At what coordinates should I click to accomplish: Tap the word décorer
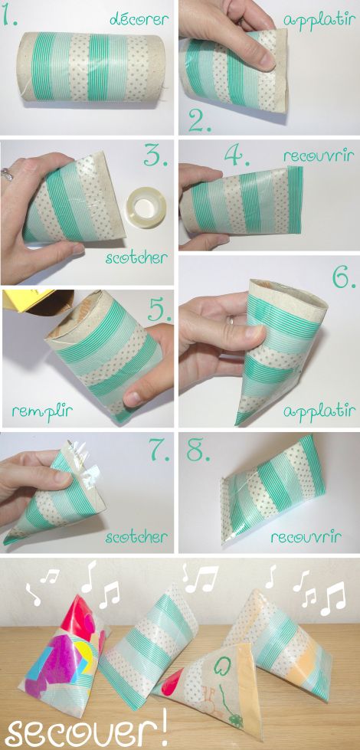[139, 19]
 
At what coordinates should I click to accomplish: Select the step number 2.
[200, 122]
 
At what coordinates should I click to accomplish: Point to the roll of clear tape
[146, 208]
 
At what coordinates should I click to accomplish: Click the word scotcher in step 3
[136, 259]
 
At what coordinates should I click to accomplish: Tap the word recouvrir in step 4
[319, 156]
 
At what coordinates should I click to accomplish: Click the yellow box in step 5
[28, 299]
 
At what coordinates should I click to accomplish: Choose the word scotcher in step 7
[136, 537]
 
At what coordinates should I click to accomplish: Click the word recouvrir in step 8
[306, 537]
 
